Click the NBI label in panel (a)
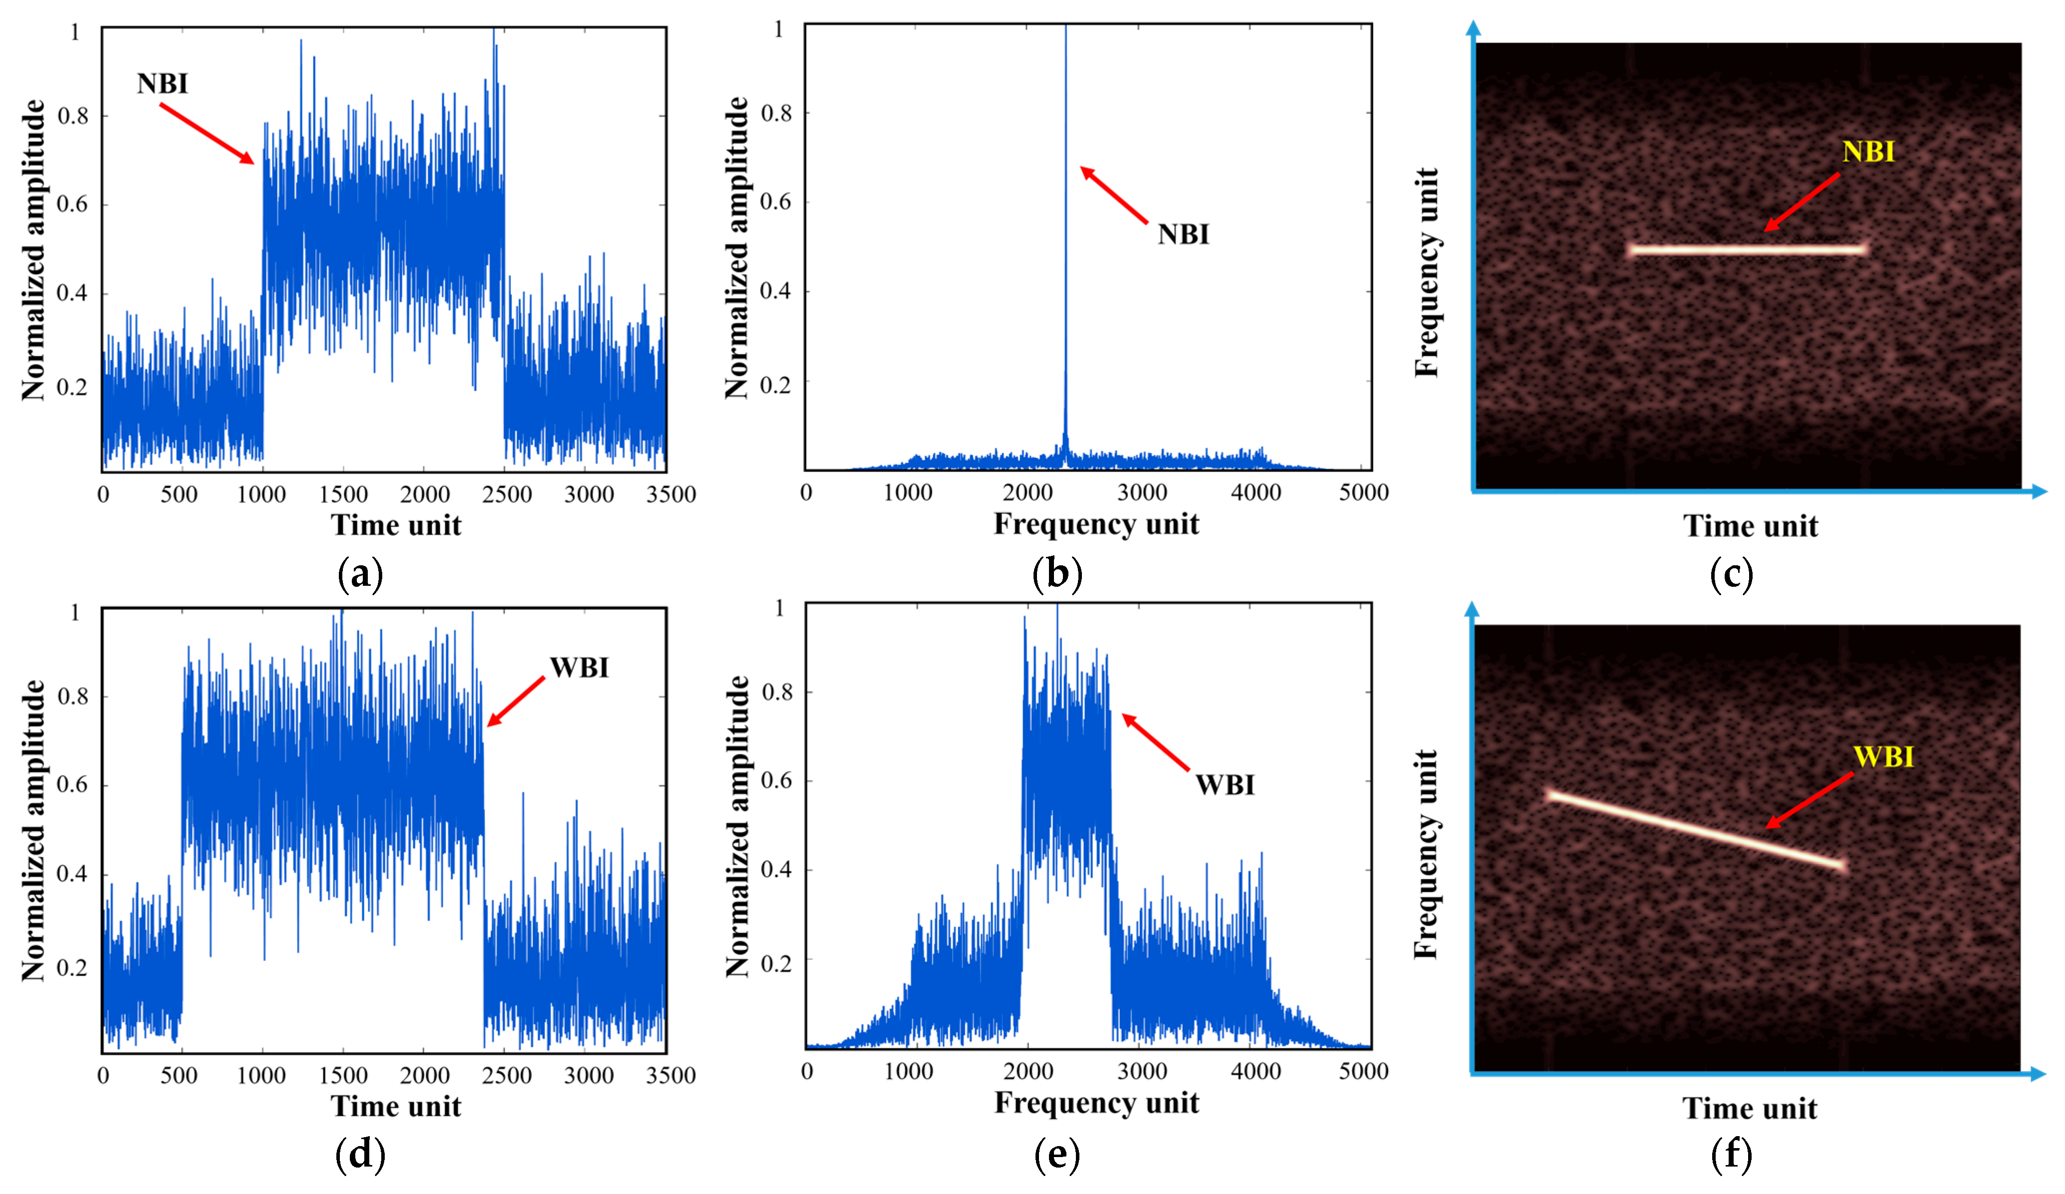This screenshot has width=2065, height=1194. click(162, 84)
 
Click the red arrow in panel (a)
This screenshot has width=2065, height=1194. click(207, 134)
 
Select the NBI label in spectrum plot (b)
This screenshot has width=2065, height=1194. click(1182, 235)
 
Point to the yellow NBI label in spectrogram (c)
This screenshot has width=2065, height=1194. click(1868, 152)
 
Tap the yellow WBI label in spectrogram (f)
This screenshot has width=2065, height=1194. click(1883, 756)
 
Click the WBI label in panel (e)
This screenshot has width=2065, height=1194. click(1224, 785)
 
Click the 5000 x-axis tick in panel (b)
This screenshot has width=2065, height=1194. click(1363, 492)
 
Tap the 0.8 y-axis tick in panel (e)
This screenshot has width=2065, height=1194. click(777, 693)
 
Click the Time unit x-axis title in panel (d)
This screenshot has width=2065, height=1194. click(396, 1106)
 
